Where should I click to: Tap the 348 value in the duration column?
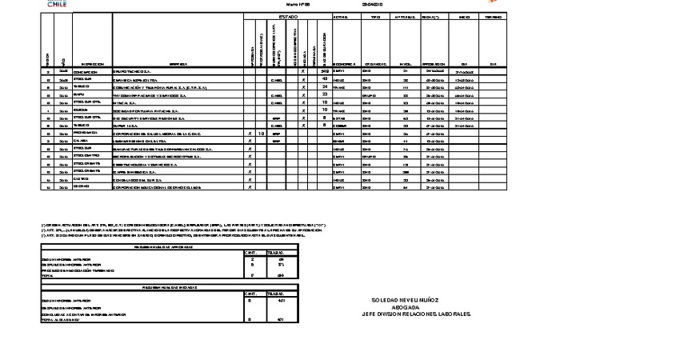[x=325, y=71]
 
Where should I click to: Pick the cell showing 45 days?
[x=325, y=78]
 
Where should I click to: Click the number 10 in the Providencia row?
[x=262, y=133]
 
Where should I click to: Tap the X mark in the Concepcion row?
[x=303, y=71]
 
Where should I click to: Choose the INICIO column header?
[x=464, y=16]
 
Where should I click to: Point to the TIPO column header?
[x=375, y=16]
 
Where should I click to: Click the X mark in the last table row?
[x=250, y=187]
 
